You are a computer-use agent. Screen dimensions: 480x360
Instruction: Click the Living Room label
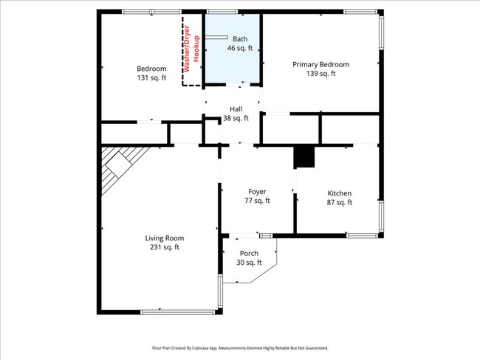[x=165, y=238]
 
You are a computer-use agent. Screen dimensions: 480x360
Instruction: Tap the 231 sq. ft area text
[x=165, y=247]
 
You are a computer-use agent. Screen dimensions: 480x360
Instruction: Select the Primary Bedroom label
[x=320, y=64]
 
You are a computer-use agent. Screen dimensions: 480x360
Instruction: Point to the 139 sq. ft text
[x=320, y=74]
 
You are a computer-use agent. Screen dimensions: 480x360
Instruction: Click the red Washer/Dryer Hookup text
[x=192, y=49]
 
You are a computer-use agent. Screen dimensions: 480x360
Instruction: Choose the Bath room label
[x=240, y=39]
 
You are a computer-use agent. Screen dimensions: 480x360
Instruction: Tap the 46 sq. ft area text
[x=240, y=48]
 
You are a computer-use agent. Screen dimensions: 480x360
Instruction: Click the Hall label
[x=236, y=109]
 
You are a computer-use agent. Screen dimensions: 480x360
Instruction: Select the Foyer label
[x=257, y=192]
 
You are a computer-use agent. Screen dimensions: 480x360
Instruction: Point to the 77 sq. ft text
[x=257, y=201]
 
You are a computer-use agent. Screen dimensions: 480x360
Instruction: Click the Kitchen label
[x=340, y=193]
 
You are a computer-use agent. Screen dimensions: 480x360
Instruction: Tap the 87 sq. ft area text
[x=340, y=202]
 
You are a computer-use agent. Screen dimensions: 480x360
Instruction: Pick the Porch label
[x=249, y=253]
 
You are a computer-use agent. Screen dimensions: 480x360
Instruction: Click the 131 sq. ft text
[x=151, y=77]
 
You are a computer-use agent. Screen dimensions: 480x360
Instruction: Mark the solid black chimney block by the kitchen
[x=304, y=156]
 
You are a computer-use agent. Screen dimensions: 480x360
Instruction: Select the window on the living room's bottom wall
[x=178, y=312]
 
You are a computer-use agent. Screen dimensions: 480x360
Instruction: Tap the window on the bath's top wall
[x=222, y=12]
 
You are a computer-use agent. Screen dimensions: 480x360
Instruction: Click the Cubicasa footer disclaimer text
[x=240, y=348]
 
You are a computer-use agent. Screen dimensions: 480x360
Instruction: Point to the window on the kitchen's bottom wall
[x=363, y=235]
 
